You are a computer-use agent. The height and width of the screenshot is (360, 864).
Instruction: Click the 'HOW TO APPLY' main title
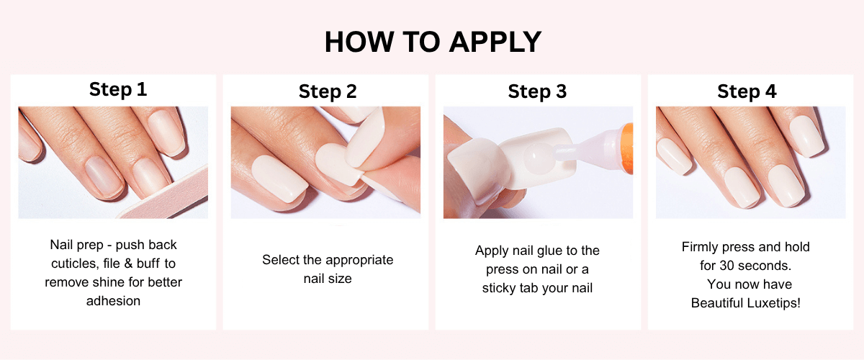[x=433, y=42]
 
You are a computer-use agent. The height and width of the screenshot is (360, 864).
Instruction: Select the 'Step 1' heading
[x=118, y=89]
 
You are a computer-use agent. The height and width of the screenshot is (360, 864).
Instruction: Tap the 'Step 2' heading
[x=328, y=92]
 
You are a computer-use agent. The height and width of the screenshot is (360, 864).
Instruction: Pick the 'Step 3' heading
[x=537, y=92]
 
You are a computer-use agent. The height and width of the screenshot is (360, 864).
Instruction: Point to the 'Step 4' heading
[x=747, y=92]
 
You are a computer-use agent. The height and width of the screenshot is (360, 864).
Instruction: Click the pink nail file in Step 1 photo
[x=170, y=196]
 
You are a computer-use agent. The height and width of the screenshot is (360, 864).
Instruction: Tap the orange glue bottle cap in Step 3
[x=627, y=148]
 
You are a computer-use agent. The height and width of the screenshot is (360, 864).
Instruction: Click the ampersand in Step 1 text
[x=128, y=264]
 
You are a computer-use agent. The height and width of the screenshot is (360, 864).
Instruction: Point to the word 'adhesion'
[x=114, y=301]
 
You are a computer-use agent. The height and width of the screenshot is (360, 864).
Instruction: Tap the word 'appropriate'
[x=359, y=261]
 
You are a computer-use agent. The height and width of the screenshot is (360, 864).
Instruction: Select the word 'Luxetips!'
[x=773, y=303]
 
